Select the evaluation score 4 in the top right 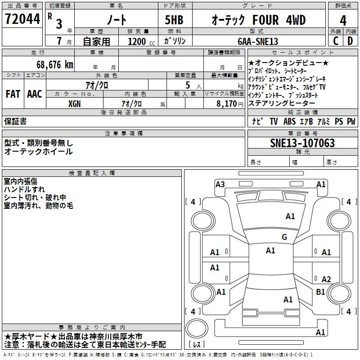(x=343, y=21)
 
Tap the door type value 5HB (x=174, y=20)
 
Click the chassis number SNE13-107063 (x=302, y=143)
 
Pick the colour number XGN (x=75, y=103)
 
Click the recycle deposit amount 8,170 (x=226, y=103)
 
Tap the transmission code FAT (x=13, y=94)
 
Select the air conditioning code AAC (x=34, y=94)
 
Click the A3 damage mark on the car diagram (x=220, y=184)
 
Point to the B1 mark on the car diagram (x=320, y=292)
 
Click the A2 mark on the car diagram (x=326, y=279)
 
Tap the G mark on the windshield (x=284, y=237)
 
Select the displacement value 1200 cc (x=139, y=41)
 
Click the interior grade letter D (x=350, y=41)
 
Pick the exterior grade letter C (x=335, y=41)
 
